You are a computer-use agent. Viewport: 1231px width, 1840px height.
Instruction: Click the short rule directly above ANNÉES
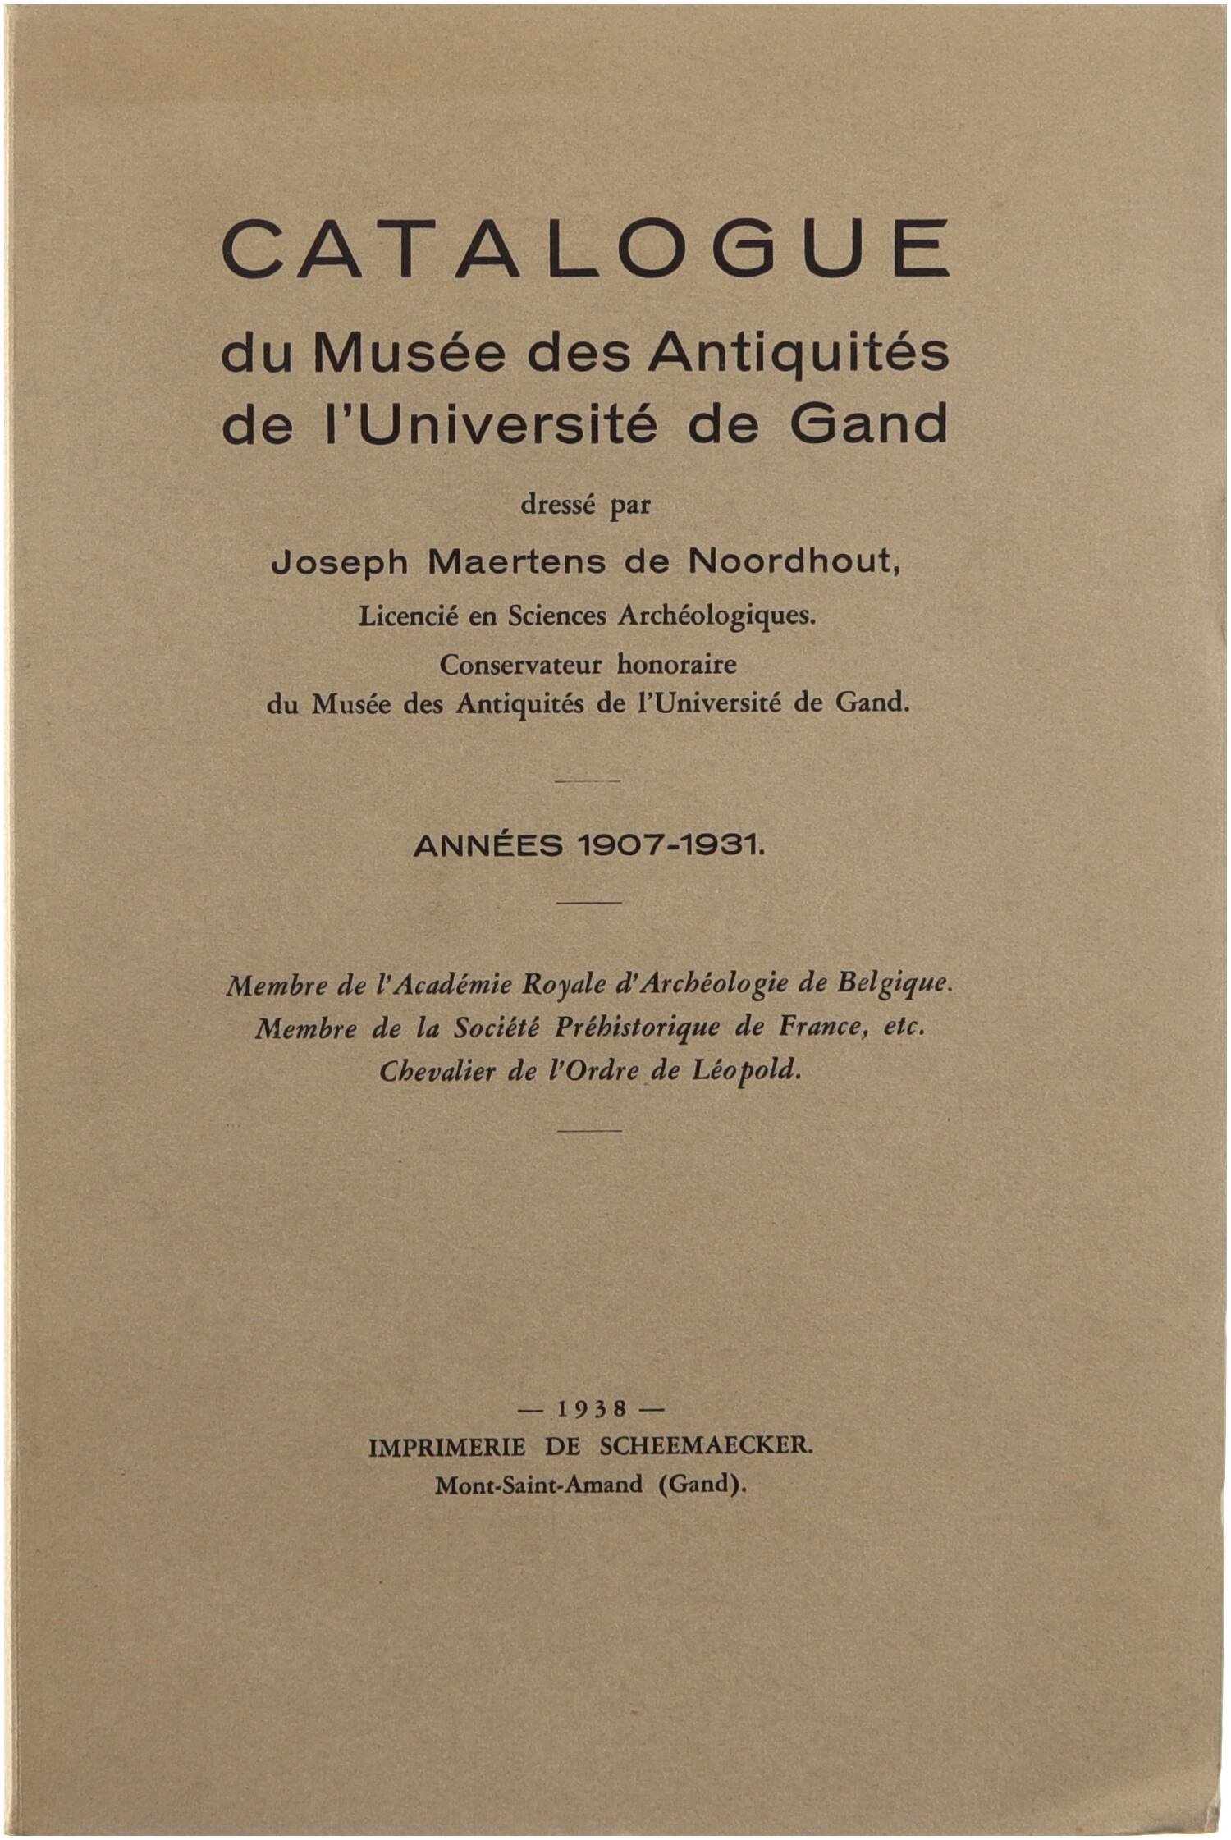(x=588, y=781)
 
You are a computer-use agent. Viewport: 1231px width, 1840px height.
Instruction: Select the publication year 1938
(x=591, y=1408)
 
